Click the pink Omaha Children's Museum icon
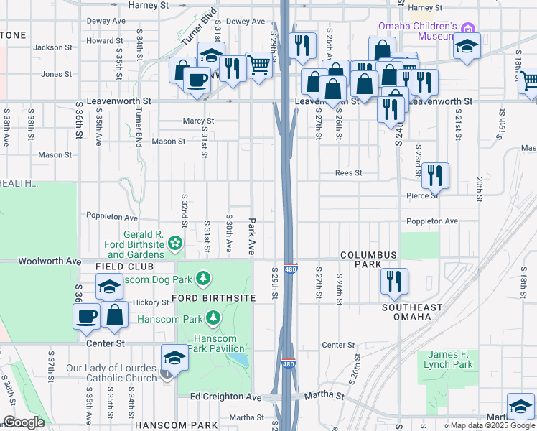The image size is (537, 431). (x=469, y=29)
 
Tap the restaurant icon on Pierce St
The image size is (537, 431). (x=435, y=175)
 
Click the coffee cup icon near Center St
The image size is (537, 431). (x=87, y=316)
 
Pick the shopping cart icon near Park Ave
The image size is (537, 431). (x=258, y=65)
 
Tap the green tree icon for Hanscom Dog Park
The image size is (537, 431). (x=204, y=277)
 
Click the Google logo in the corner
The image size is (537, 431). (x=24, y=422)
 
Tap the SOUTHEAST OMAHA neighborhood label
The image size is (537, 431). (x=412, y=312)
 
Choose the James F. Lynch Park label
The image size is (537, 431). (x=450, y=359)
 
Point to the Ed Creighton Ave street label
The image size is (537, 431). (x=225, y=397)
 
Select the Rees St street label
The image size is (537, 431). (x=348, y=173)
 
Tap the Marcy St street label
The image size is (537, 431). (x=198, y=121)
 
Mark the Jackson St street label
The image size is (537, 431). (x=49, y=47)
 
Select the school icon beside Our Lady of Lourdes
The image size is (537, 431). (x=174, y=358)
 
